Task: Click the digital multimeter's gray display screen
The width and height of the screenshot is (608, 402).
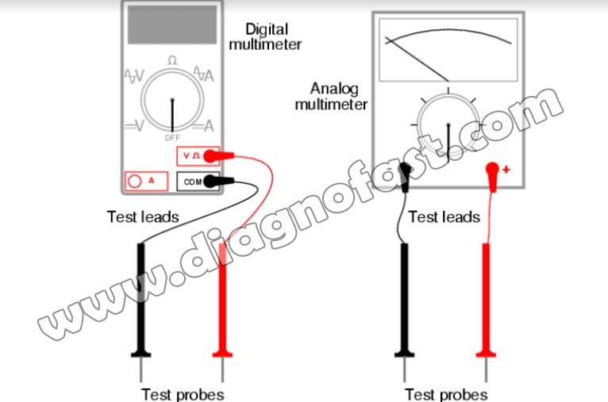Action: click(x=172, y=25)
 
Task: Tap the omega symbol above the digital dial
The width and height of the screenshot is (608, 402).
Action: click(x=171, y=61)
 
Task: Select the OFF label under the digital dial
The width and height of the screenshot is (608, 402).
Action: click(x=172, y=137)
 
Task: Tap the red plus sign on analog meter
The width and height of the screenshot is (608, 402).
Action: click(x=505, y=170)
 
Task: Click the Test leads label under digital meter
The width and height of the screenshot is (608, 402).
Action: click(x=143, y=216)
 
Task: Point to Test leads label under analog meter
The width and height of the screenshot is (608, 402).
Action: click(x=444, y=216)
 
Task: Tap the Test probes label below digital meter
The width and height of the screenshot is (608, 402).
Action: click(x=182, y=393)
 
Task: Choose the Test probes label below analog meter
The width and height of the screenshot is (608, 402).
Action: click(x=445, y=393)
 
